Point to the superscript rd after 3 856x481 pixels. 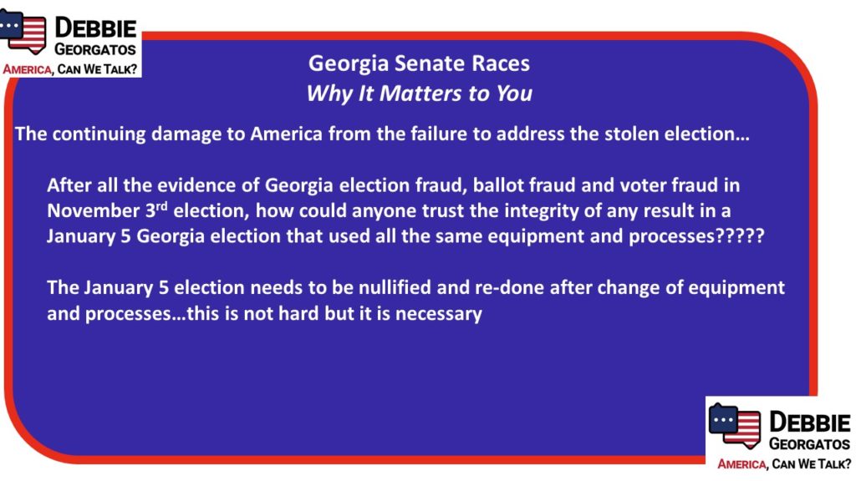(x=161, y=206)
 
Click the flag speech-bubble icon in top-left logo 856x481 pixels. (x=23, y=31)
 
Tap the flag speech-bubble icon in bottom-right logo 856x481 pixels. (x=735, y=426)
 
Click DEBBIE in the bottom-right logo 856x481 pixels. (x=809, y=422)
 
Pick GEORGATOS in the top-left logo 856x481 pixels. (x=95, y=49)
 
